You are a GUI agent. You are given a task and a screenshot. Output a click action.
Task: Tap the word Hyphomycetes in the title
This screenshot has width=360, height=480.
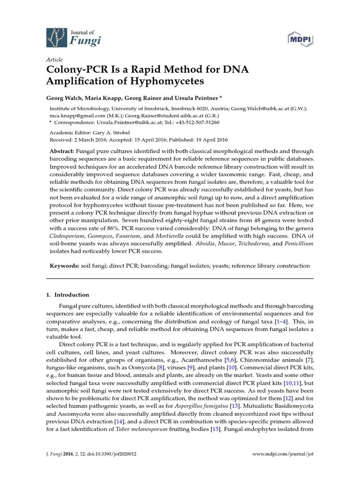[x=155, y=82]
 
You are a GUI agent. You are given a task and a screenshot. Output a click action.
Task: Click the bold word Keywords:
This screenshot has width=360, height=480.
[x=64, y=266]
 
